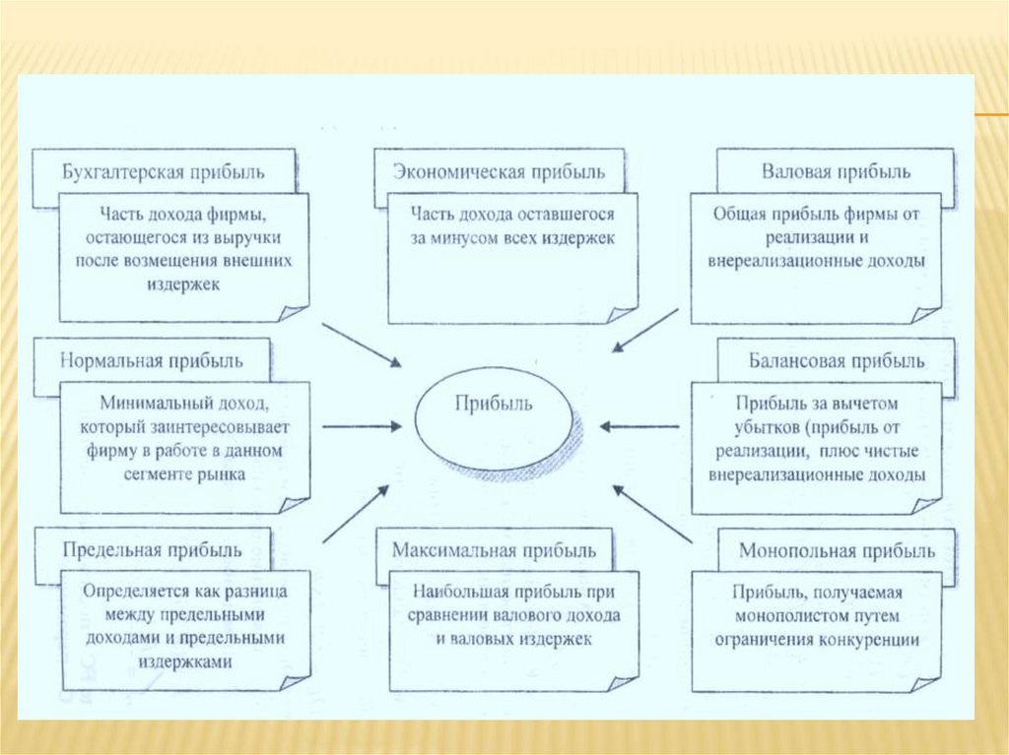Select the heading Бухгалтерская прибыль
[x=163, y=172]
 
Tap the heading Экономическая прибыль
[x=500, y=171]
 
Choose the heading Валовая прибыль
[x=836, y=170]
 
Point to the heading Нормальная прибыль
[x=152, y=360]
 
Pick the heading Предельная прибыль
[x=151, y=550]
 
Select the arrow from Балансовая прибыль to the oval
[x=639, y=426]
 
